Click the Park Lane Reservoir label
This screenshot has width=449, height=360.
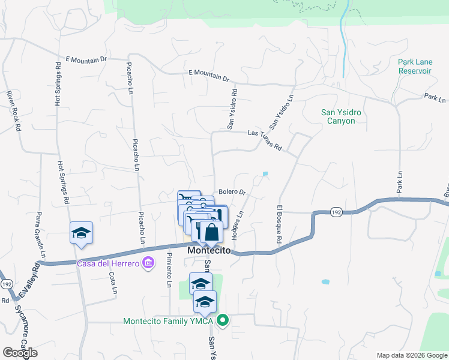415,66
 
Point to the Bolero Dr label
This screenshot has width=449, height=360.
232,192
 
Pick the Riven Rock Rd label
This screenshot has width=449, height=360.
13,111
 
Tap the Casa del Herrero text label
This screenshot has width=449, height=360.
107,263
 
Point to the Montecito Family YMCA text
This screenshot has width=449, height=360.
168,320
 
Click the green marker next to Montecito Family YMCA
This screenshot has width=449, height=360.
223,320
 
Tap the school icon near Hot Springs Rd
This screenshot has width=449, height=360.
82,233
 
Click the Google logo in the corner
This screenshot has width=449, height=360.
20,353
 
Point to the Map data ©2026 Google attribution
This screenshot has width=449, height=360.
411,355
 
